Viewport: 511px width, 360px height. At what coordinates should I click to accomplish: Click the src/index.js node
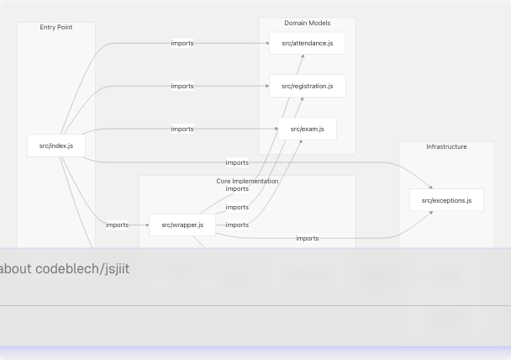tap(56, 146)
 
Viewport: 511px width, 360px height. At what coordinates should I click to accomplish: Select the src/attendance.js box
tap(307, 43)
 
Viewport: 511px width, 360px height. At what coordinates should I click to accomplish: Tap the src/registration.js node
tap(307, 86)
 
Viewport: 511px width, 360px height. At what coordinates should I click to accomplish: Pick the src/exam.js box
tap(307, 129)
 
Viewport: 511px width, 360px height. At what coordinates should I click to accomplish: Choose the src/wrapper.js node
tap(182, 225)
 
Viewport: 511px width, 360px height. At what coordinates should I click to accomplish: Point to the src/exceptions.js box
tap(446, 200)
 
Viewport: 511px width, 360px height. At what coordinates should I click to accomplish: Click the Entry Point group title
tap(56, 28)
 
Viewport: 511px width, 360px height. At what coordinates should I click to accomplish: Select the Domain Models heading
tap(307, 24)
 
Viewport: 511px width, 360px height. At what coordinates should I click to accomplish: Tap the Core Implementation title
tap(247, 181)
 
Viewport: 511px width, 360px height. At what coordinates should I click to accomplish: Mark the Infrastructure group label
tap(446, 147)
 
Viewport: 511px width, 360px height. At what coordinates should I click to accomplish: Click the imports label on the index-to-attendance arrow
tap(182, 43)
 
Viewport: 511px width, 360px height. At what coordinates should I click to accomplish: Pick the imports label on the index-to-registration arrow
tap(182, 86)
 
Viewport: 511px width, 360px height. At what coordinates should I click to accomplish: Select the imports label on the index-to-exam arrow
tap(182, 129)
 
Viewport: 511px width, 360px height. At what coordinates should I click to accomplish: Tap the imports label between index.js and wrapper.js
tap(118, 225)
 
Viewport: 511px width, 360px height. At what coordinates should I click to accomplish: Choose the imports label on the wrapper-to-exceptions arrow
tap(308, 238)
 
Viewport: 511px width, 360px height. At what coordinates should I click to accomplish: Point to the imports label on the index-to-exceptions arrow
tap(237, 162)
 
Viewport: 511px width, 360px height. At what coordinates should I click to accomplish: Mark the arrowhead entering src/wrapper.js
tap(146, 225)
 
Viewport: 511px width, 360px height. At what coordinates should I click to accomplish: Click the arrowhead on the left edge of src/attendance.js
tap(266, 43)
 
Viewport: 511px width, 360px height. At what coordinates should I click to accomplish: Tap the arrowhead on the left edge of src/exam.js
tap(276, 129)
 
